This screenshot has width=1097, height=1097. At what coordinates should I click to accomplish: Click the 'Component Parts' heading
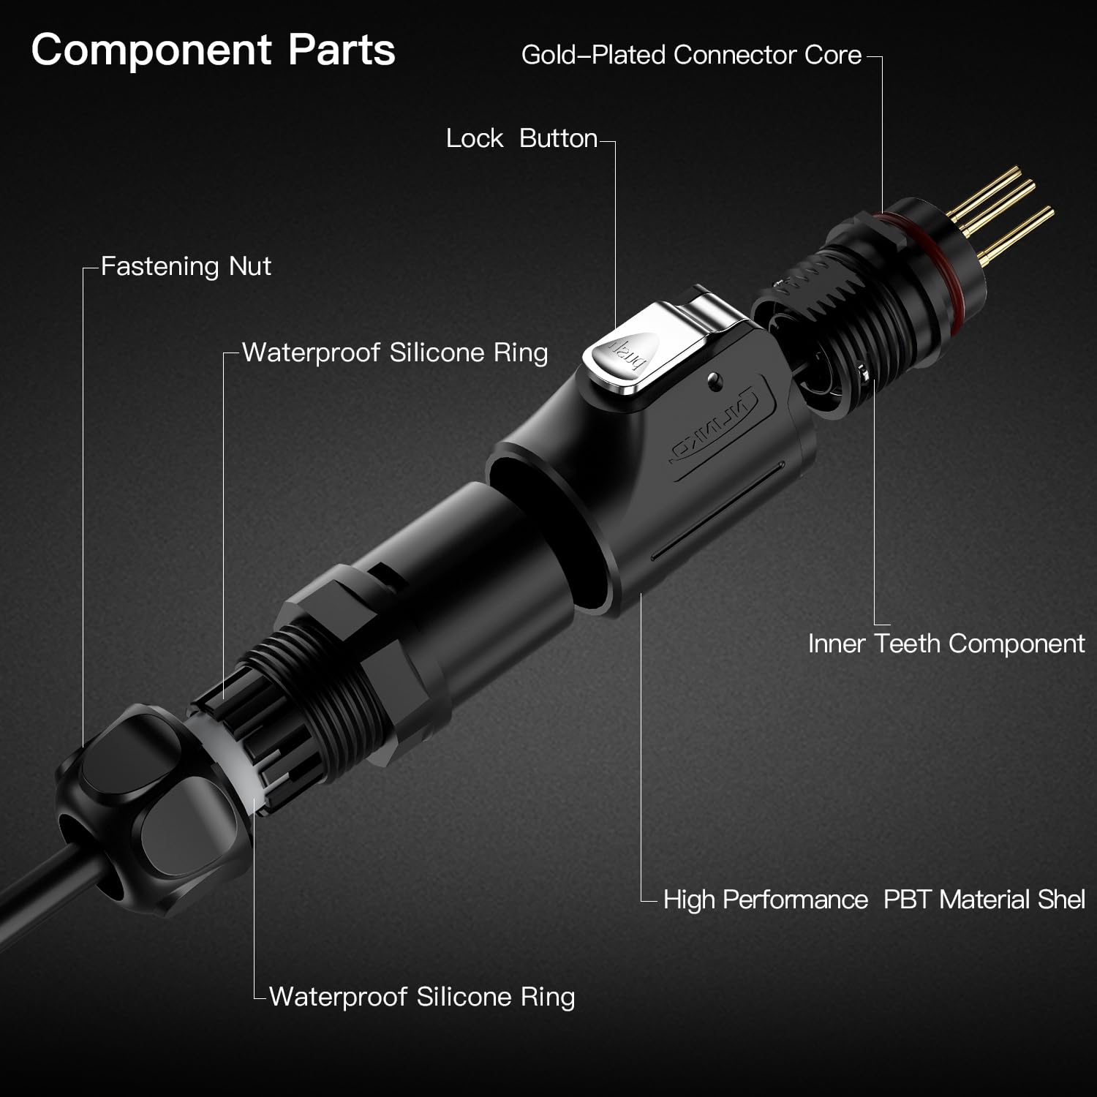(213, 50)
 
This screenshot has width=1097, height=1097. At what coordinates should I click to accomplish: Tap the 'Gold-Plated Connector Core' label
(691, 56)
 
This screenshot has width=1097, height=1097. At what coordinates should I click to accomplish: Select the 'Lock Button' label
(521, 138)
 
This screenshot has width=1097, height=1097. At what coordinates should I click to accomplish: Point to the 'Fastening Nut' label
(186, 266)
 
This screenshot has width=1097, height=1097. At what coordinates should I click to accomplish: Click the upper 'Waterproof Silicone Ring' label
(395, 353)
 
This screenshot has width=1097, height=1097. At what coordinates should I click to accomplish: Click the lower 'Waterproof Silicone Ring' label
(422, 997)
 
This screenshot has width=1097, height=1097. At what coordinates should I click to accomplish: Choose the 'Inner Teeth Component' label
(946, 644)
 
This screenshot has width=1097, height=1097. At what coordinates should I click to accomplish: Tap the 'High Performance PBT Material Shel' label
(873, 900)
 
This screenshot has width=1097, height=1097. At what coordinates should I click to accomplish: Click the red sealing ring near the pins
(943, 249)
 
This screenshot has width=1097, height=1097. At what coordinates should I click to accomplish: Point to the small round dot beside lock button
(715, 378)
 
